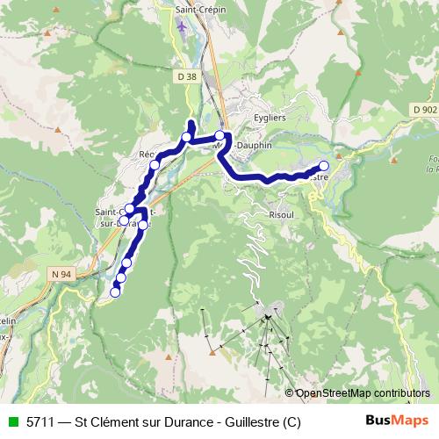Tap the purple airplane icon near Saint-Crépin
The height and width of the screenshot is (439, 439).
183,27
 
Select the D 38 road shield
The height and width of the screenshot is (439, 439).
185,76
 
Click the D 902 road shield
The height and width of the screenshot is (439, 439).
422,109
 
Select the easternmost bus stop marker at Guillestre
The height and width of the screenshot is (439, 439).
324,165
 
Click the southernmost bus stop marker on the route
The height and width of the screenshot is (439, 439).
114,293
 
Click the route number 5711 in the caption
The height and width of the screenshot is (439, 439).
42,421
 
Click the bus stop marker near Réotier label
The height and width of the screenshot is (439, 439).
155,163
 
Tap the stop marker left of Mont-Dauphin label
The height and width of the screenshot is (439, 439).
219,135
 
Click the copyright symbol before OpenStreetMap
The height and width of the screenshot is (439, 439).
290,393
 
